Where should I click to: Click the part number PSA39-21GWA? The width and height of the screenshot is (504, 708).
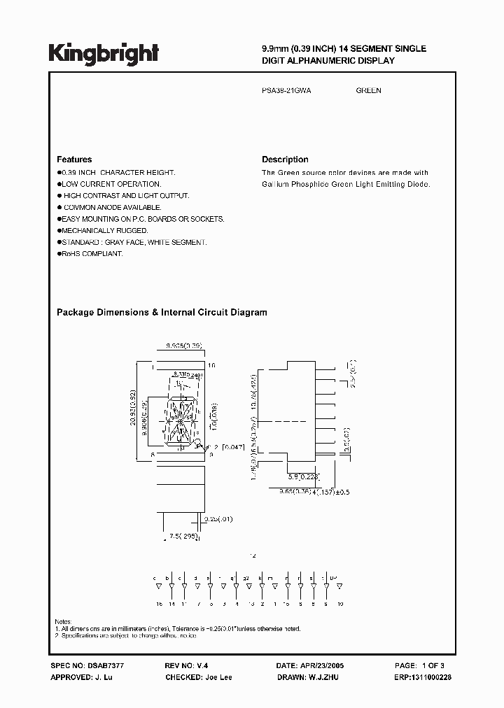(x=287, y=90)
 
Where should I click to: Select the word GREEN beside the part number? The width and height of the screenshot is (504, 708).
(x=368, y=90)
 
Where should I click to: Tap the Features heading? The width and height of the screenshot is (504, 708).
(x=74, y=160)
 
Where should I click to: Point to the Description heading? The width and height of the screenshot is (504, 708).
(x=285, y=160)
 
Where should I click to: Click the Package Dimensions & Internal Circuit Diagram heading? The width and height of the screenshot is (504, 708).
(x=162, y=313)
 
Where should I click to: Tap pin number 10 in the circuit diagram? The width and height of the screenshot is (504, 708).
(x=339, y=602)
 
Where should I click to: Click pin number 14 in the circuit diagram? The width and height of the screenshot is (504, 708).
(x=168, y=602)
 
